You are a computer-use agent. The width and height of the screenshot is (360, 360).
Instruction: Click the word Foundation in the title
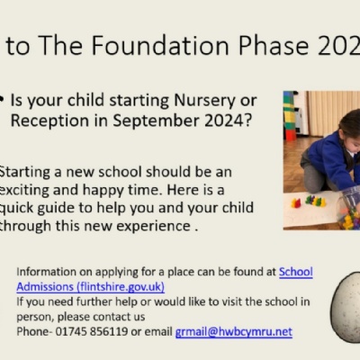coord(161,45)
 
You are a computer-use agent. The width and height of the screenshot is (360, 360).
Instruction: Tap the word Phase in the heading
coord(274,46)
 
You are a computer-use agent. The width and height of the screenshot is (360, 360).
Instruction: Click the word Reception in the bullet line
coord(49,121)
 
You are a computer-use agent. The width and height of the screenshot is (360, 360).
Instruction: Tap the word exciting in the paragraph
coord(24,191)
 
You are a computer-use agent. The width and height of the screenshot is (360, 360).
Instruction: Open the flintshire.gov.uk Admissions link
coord(91,287)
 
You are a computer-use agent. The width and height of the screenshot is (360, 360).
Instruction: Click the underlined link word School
coord(296,272)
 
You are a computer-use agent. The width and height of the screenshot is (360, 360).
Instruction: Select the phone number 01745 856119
coord(92,332)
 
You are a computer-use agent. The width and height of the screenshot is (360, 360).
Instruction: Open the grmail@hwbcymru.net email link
coord(234,332)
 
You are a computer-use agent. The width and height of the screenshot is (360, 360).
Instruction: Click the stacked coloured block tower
coord(290,116)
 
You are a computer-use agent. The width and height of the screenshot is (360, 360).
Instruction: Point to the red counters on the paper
coord(296,203)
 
